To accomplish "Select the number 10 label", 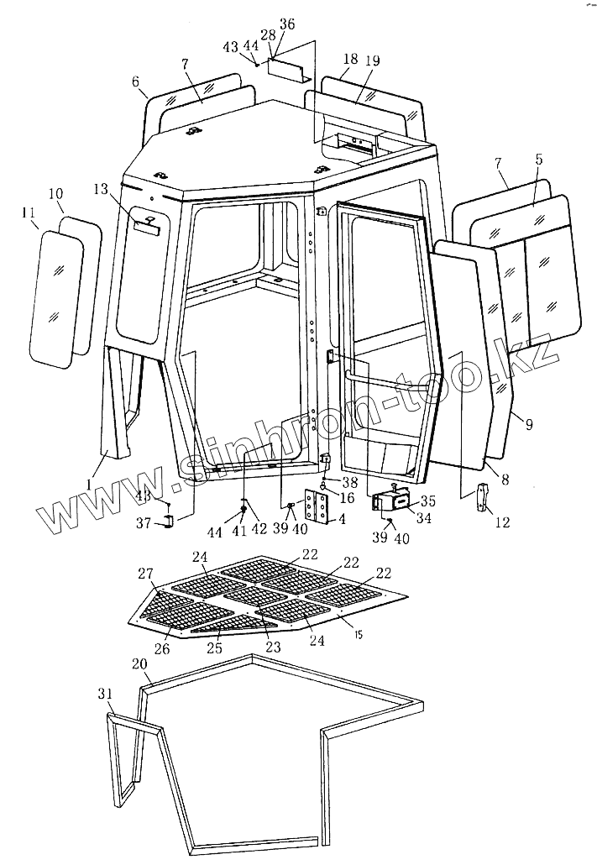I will click(x=55, y=195).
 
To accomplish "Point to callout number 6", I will click(x=134, y=81).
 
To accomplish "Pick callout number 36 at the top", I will click(x=286, y=25).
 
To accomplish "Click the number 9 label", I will click(x=528, y=425).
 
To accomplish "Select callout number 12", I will click(x=501, y=521).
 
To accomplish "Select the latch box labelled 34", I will click(x=388, y=501).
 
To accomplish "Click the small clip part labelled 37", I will click(x=167, y=522).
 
